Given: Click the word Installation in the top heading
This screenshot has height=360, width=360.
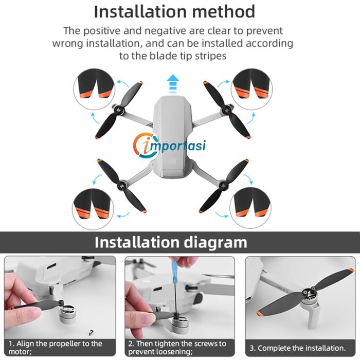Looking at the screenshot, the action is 140,11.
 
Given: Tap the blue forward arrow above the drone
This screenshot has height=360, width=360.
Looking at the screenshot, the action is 173,83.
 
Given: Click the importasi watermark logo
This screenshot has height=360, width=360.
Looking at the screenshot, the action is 169,146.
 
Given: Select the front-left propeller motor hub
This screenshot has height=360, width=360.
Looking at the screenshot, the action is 119,111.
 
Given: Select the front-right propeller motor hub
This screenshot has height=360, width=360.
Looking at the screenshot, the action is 226,112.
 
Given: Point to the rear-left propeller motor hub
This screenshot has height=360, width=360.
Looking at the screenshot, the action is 121,185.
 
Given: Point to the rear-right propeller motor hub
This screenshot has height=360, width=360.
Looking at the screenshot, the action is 223,185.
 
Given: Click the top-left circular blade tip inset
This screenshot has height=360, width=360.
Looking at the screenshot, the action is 94,89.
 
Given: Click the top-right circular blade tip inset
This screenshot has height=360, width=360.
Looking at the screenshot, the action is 251,89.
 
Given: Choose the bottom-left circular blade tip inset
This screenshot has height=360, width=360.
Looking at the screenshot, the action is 93,209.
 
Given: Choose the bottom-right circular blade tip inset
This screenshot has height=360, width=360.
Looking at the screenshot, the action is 250,208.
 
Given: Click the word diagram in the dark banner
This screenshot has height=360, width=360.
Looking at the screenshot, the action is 215,242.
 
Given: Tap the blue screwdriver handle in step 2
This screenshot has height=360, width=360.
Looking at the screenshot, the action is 174,271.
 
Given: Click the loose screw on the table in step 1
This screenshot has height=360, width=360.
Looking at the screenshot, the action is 91,332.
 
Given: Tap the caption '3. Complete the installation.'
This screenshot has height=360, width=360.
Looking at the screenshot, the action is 298,348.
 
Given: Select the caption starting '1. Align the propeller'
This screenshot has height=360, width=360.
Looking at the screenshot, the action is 56,348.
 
